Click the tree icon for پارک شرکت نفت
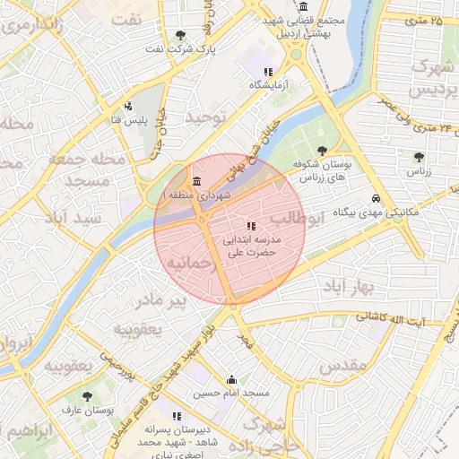[182, 35]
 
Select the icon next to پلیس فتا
[128, 105]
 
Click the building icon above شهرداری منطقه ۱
[196, 179]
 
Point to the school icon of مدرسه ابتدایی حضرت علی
[251, 226]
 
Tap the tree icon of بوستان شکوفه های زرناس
[323, 150]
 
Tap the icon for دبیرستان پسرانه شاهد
[177, 416]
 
